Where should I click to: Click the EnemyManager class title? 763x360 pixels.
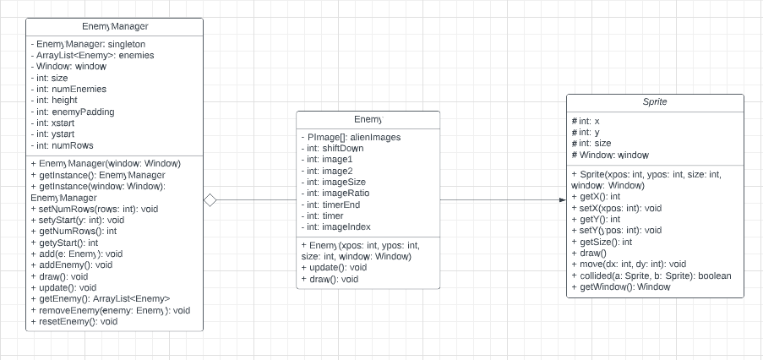[115, 28]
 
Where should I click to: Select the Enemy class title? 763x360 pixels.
[368, 121]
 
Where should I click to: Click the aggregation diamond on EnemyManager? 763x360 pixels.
[210, 199]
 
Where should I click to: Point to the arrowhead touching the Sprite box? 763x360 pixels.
[561, 199]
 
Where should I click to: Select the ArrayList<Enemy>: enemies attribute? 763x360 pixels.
[91, 55]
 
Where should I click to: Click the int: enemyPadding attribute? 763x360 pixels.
[72, 112]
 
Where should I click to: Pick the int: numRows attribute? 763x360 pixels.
[63, 145]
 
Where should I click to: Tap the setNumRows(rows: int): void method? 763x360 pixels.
[94, 209]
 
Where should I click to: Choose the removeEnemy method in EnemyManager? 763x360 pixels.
[110, 310]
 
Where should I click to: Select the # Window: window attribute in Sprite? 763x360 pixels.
[609, 155]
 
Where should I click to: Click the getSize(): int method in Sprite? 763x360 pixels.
[603, 242]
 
